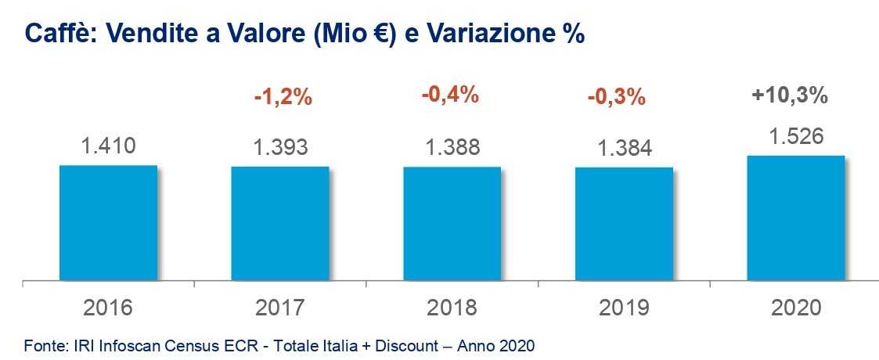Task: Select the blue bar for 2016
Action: pos(108,222)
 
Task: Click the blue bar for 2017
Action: pos(279,223)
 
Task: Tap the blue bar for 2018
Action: pos(452,223)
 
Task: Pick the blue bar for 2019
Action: pos(624,223)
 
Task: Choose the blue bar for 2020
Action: pos(796,218)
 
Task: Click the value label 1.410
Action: pos(108,146)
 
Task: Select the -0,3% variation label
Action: pos(617,98)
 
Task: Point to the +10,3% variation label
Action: pos(790,95)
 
